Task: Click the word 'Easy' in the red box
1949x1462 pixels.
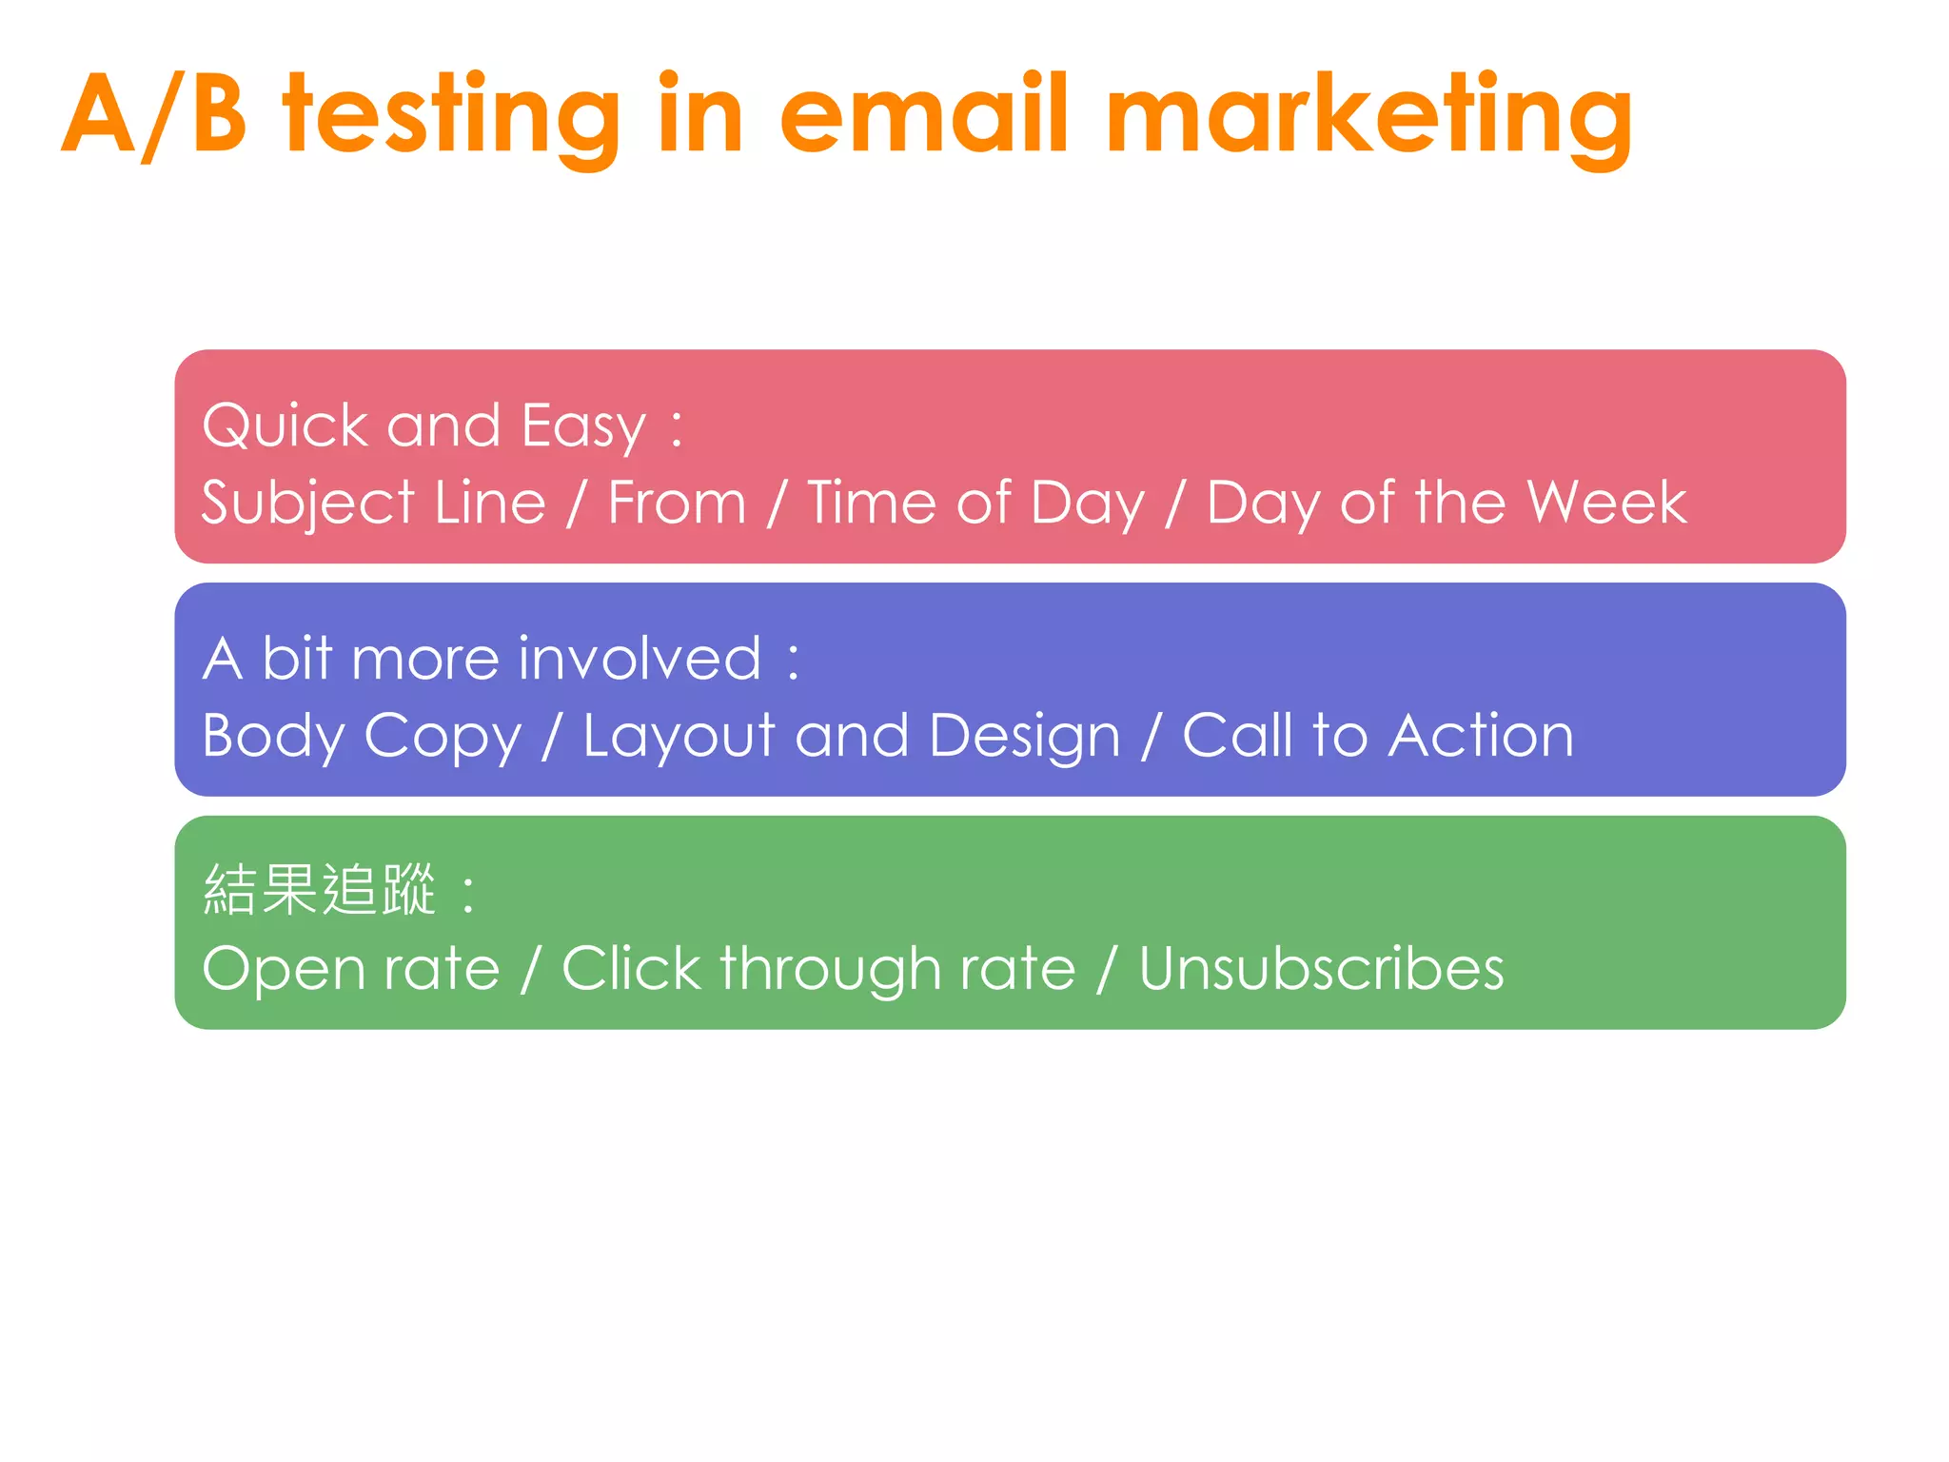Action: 583,426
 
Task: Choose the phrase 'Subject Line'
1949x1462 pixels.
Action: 374,504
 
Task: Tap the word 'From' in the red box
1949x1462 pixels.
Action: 677,502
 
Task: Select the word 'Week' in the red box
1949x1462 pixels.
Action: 1605,502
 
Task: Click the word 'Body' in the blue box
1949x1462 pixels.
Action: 273,737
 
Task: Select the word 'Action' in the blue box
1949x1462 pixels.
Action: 1481,735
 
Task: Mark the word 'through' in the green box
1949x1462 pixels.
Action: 830,970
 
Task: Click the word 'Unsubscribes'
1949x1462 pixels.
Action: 1321,968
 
